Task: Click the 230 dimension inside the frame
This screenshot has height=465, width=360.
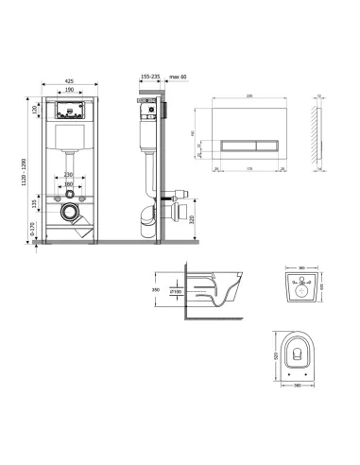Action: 69,176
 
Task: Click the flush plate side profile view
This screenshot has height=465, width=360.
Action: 318,133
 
